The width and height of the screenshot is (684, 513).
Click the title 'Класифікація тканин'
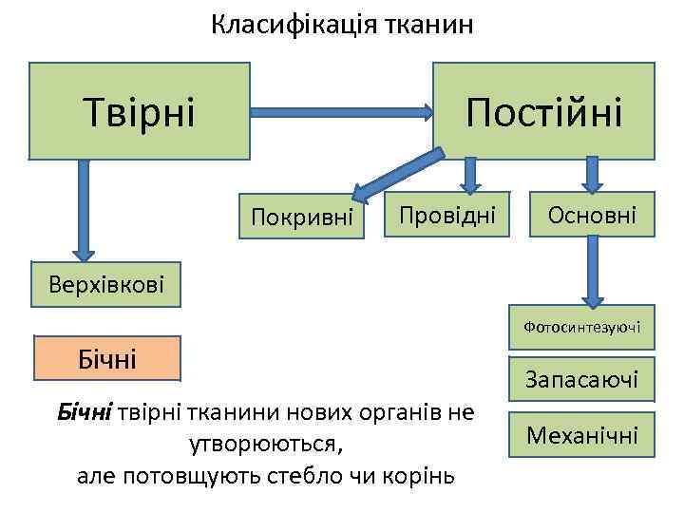click(342, 25)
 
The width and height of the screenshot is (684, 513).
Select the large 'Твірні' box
click(140, 110)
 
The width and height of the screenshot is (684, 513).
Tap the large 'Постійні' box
click(543, 110)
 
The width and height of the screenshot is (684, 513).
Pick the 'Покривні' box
click(302, 218)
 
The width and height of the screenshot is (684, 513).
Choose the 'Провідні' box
click(446, 216)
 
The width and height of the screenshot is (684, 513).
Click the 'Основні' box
click(592, 216)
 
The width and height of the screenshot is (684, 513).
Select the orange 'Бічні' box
click(106, 358)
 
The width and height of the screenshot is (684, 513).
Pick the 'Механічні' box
click(581, 436)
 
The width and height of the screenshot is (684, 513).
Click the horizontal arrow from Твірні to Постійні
click(342, 110)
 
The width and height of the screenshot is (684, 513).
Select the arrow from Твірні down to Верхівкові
click(84, 209)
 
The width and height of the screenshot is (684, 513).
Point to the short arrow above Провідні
click(469, 175)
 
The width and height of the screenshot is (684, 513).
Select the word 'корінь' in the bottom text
click(421, 474)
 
